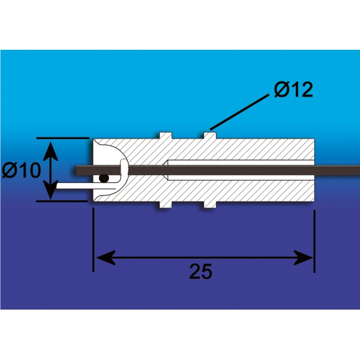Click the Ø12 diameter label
point(293,89)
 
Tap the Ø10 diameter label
point(22,170)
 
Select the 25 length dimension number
point(200,271)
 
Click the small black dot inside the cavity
point(104,178)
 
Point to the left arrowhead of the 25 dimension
point(106,258)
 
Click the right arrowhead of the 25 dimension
point(303,258)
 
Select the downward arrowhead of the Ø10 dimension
point(50,190)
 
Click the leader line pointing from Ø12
point(239,112)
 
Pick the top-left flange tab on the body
point(166,136)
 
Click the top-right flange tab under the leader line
point(210,136)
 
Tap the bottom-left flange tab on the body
point(166,205)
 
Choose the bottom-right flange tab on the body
point(210,205)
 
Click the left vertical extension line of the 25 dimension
point(93,239)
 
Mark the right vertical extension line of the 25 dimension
point(314,241)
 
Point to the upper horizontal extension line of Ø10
point(62,138)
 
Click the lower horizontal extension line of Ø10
point(62,201)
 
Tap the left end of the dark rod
point(76,170)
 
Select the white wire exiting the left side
point(86,185)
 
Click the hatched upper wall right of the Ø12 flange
point(265,149)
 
